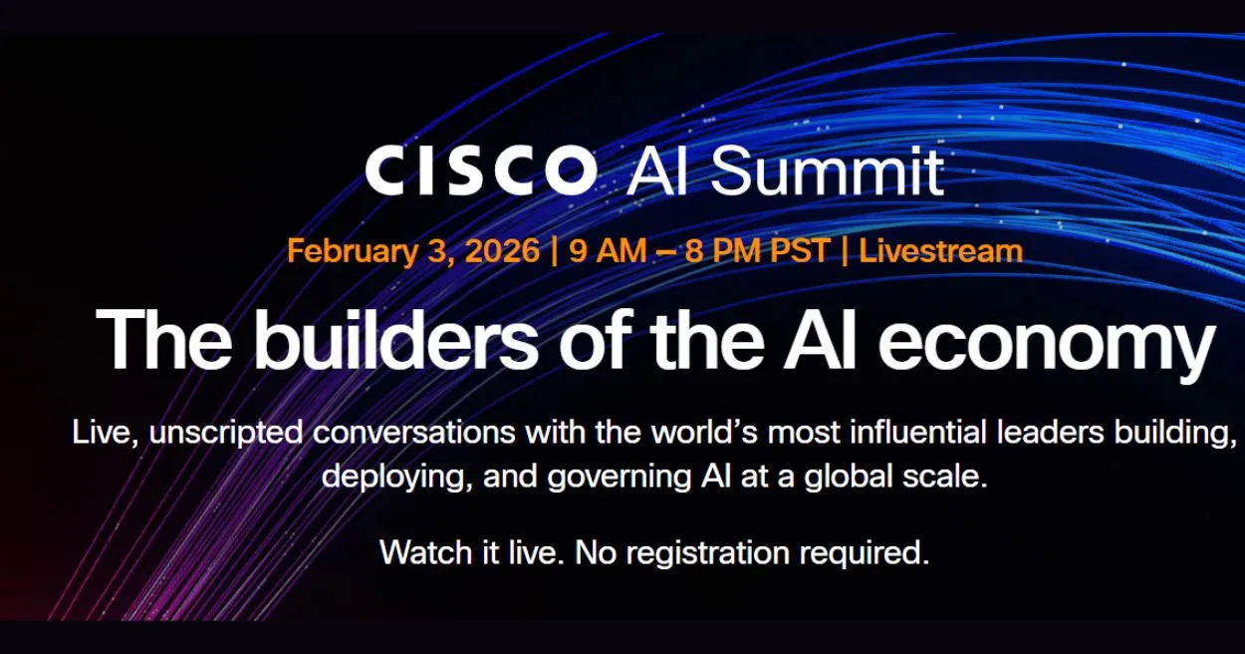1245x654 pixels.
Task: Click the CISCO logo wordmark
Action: (x=481, y=169)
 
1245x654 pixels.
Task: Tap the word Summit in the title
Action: (x=828, y=170)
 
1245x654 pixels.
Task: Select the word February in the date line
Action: (x=353, y=251)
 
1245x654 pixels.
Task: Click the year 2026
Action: (x=502, y=250)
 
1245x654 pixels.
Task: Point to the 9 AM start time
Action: (x=608, y=250)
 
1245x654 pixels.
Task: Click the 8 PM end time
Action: (x=722, y=250)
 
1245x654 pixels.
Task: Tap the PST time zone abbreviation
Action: (x=800, y=250)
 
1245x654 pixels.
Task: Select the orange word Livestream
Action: (x=940, y=250)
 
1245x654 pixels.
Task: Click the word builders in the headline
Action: (x=396, y=338)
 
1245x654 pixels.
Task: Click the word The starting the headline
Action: (x=164, y=338)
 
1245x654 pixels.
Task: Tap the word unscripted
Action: (x=226, y=434)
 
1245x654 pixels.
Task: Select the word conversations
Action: (x=414, y=433)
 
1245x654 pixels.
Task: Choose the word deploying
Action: (x=396, y=478)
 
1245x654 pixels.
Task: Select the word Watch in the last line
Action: (x=425, y=552)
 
